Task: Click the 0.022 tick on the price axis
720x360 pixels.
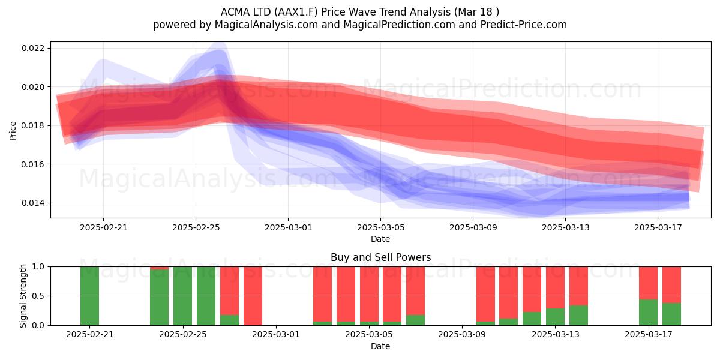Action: point(33,48)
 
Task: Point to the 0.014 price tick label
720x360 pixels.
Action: point(33,203)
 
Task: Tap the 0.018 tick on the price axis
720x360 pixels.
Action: point(33,125)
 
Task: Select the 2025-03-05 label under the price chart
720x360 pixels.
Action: point(380,227)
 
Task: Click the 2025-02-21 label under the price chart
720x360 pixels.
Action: point(103,227)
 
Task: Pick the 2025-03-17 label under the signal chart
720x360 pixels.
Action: point(649,335)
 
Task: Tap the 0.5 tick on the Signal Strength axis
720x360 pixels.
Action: point(38,296)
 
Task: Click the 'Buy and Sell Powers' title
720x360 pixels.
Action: point(380,257)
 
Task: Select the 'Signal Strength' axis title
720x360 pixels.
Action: point(23,296)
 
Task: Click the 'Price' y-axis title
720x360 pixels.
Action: point(13,131)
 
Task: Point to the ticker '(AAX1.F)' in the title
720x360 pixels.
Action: point(296,12)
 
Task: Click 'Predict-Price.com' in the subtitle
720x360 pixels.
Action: point(524,25)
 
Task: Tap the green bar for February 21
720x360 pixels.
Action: point(89,296)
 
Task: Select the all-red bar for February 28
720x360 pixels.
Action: point(253,296)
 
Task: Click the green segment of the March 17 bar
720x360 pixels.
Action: point(649,313)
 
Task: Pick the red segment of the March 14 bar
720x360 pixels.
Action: point(578,286)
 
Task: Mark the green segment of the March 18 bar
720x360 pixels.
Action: point(671,314)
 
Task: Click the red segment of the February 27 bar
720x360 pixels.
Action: point(229,291)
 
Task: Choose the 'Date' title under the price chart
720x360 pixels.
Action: point(380,239)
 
